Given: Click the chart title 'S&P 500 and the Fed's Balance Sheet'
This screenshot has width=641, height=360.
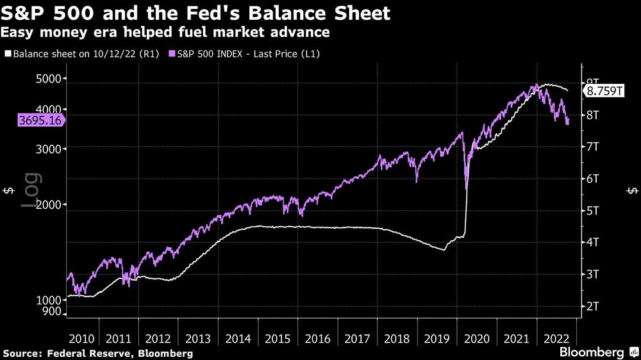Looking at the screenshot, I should tap(196, 13).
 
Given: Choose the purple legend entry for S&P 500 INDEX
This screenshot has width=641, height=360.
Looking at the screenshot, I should tap(243, 54).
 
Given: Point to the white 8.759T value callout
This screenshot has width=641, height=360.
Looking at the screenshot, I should tap(603, 92).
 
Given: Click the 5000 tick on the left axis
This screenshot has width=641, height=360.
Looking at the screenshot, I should tap(48, 79).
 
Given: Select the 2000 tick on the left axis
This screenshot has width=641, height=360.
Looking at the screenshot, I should tap(48, 205).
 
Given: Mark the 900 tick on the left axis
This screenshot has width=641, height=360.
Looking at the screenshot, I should tap(51, 312).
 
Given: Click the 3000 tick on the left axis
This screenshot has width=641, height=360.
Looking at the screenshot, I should tap(48, 148).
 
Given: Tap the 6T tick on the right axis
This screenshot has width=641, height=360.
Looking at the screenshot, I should tap(595, 179).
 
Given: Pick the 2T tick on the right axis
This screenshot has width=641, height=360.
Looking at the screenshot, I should tap(595, 306).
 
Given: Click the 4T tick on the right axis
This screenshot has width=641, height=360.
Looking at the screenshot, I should tap(595, 242).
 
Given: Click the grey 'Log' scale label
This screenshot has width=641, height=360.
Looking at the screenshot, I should tap(31, 191).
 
